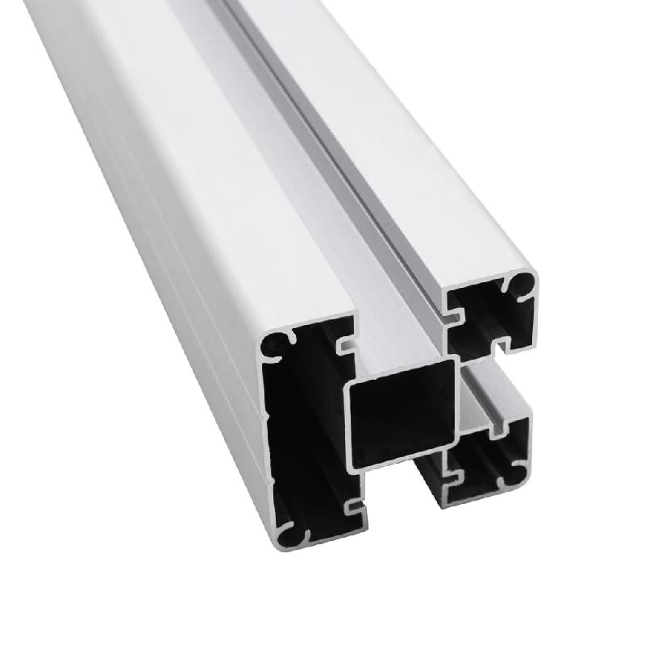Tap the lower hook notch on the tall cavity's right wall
pyautogui.click(x=353, y=507)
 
